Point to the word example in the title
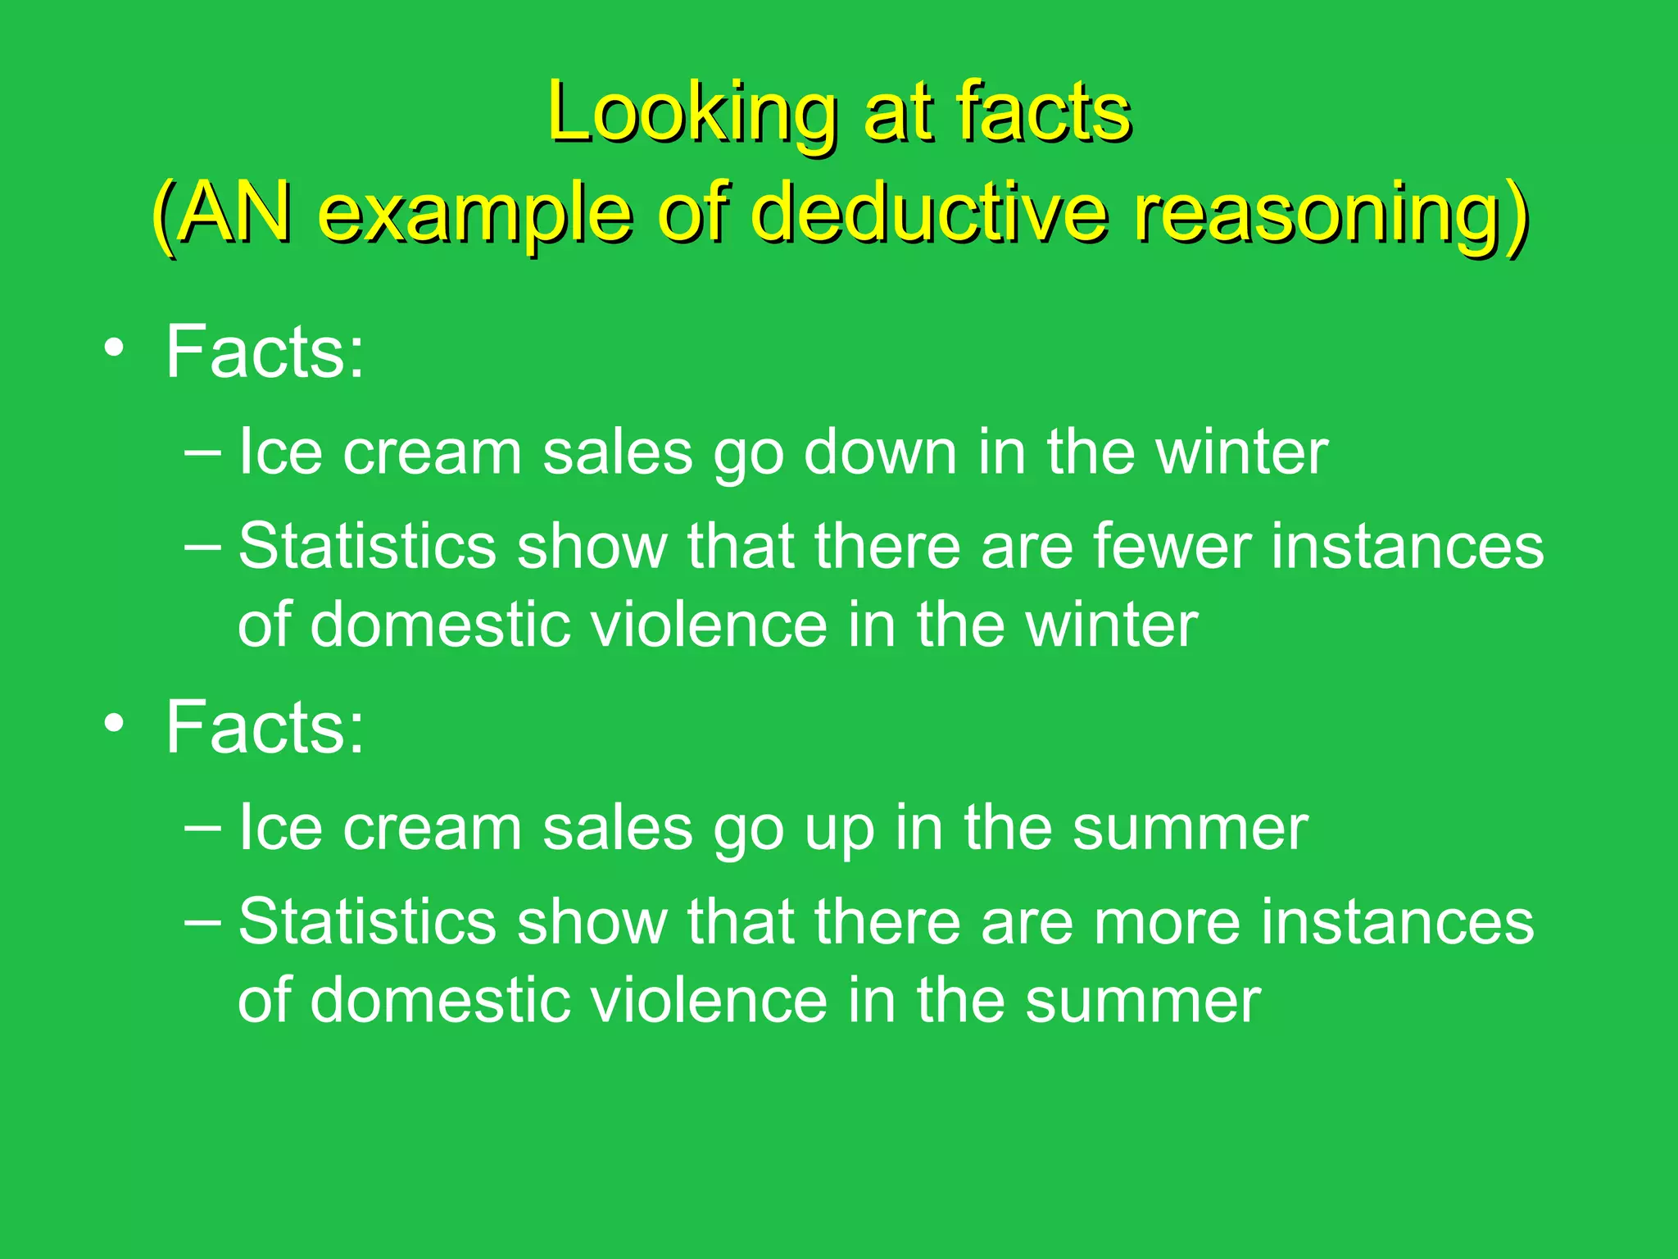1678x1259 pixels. [475, 215]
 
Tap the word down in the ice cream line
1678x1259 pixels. [880, 452]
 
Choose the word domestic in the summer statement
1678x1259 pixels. [439, 1001]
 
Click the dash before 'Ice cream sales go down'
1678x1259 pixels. [202, 452]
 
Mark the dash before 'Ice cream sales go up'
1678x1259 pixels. [202, 828]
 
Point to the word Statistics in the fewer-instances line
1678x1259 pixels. [367, 547]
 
